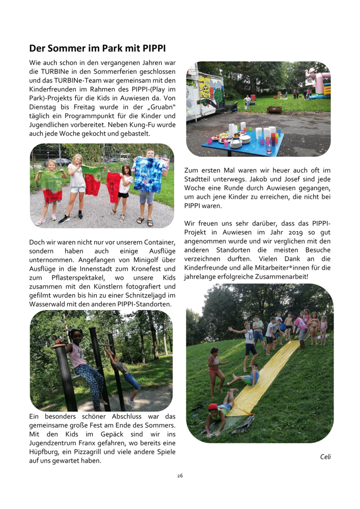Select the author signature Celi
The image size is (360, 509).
click(325, 456)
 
